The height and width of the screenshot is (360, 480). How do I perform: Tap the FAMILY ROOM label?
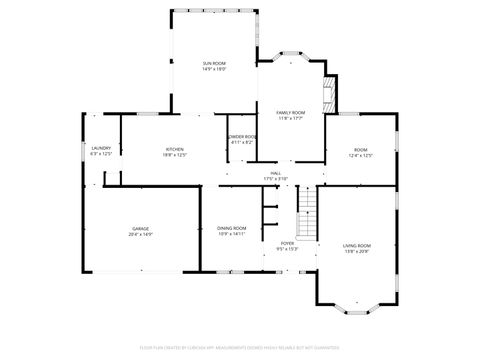[291, 113]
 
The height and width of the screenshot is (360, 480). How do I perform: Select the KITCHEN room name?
[175, 149]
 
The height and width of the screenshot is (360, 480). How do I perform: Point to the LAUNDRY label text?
[100, 149]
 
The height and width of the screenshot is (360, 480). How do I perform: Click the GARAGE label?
[140, 228]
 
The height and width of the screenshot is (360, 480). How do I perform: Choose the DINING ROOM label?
[232, 228]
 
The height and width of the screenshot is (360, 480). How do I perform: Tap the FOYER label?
[287, 243]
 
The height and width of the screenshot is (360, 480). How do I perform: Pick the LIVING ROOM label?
[357, 245]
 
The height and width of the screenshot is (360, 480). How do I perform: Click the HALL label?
[275, 173]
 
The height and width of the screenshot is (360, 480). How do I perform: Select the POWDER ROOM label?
[242, 136]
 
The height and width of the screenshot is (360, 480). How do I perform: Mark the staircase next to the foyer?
[307, 213]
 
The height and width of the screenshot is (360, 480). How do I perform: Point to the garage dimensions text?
[140, 234]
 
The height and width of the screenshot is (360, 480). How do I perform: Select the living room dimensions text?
[357, 251]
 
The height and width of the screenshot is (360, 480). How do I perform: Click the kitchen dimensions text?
[175, 155]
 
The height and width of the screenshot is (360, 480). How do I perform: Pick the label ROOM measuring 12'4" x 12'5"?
[360, 149]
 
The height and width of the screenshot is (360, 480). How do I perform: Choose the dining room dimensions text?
[232, 234]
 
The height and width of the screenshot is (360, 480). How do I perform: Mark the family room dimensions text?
[291, 119]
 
